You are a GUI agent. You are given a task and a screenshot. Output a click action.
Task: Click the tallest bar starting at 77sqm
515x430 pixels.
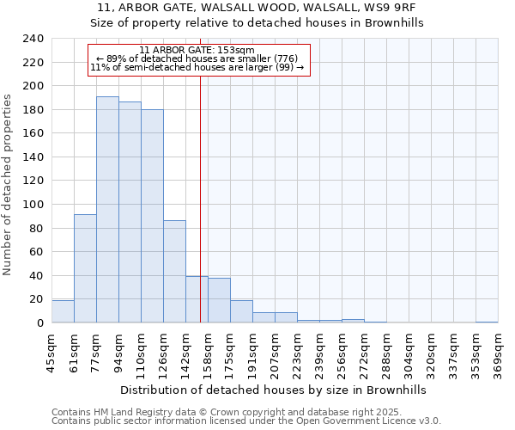[107, 210]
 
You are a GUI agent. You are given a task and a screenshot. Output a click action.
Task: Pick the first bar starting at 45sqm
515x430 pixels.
[63, 311]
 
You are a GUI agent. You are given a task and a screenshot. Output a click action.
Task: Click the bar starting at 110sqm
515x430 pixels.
[152, 216]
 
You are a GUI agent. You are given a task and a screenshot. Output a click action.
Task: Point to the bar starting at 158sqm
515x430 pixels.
[219, 300]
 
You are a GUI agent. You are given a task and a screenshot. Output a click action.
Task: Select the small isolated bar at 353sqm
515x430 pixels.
[487, 322]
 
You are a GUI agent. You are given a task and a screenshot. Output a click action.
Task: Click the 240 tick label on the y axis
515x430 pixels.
[33, 39]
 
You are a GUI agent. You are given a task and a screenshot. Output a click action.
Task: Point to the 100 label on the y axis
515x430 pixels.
[33, 205]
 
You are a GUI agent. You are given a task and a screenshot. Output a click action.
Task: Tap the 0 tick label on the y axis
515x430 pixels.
[39, 323]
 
